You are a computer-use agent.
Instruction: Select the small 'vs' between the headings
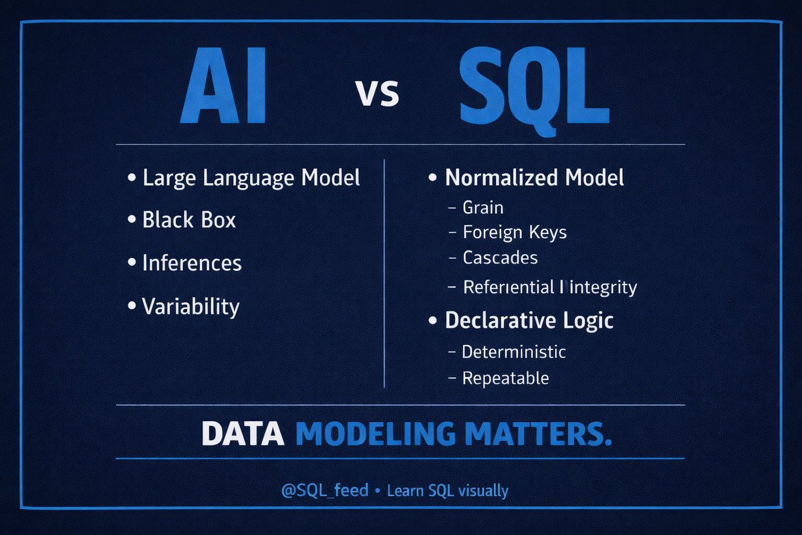coord(377,93)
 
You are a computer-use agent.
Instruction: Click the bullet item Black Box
coord(188,220)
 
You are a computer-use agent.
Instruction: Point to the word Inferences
coord(192,263)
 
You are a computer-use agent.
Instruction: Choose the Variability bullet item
coord(190,306)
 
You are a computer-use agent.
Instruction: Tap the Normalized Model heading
coord(534,178)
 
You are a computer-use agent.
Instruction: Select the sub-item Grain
coord(483,207)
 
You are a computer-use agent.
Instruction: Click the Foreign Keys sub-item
coord(514,232)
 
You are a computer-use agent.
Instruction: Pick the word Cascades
coord(500,257)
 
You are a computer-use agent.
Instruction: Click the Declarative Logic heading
coord(529,320)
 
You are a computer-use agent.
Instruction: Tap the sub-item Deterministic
coord(513,351)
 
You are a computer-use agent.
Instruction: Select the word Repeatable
coord(505,378)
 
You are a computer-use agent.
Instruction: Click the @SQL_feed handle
coord(325,491)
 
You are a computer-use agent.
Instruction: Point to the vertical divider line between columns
coord(384,274)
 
